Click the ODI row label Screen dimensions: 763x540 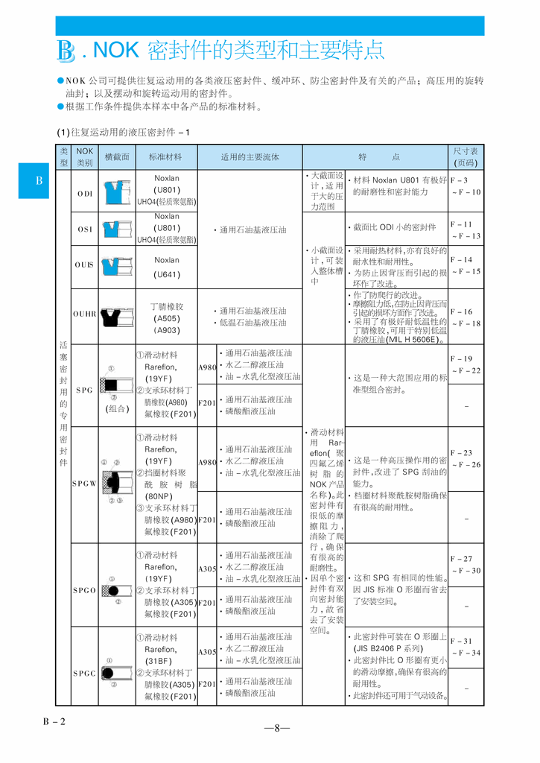tap(85, 193)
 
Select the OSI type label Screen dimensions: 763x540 tap(85, 229)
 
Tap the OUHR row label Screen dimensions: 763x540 tap(85, 314)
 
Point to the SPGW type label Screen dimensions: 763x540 tap(85, 483)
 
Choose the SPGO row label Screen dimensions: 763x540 tap(85, 590)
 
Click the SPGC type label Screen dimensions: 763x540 tap(85, 673)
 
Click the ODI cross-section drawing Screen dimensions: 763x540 tap(117, 192)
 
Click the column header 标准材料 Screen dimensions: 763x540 tap(166, 157)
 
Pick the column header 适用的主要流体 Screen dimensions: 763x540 tap(250, 157)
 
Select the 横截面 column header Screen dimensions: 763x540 tap(117, 157)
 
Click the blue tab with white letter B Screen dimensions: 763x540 tap(39, 181)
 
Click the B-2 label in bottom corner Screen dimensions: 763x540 tap(54, 721)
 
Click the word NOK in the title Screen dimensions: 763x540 tap(117, 51)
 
